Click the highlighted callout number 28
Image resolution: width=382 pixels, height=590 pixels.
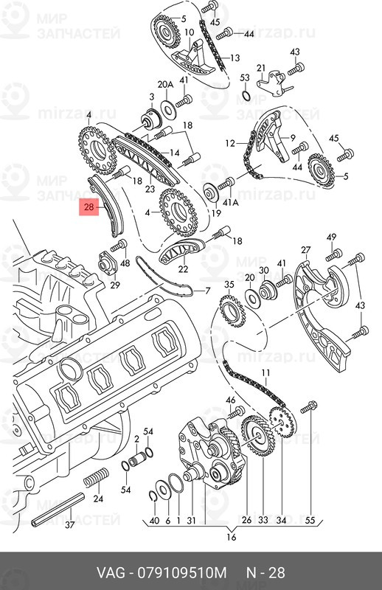88,209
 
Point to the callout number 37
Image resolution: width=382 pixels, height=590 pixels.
69,525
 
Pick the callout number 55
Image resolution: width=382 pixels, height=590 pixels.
310,521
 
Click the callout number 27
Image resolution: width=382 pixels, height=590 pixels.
306,250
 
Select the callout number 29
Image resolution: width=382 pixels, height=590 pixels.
114,285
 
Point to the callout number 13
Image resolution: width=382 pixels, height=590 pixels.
235,58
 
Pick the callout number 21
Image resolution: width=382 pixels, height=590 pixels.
260,68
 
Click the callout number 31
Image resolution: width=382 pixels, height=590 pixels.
191,521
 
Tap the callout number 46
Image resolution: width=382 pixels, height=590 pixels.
231,400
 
